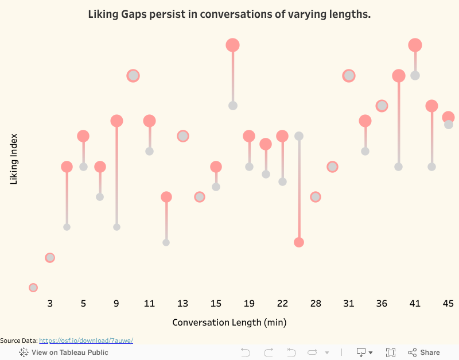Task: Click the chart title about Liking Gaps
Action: point(229,14)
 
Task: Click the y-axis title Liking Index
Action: point(14,159)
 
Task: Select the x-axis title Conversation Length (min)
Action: point(229,322)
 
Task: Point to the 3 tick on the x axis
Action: point(50,303)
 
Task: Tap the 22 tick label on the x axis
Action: point(282,303)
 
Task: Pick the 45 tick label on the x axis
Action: point(448,303)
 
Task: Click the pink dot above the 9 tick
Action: point(116,121)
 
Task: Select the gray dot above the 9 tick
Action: point(116,227)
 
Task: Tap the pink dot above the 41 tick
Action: point(415,45)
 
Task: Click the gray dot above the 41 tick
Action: point(415,75)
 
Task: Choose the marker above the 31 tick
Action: point(348,76)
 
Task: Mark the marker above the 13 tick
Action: point(183,136)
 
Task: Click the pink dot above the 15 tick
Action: point(216,167)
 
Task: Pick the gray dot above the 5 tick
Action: point(83,167)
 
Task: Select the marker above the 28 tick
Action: point(315,197)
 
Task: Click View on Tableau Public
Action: point(64,353)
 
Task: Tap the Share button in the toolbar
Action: point(424,353)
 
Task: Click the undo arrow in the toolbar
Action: point(246,353)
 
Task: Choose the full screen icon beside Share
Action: point(391,353)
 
